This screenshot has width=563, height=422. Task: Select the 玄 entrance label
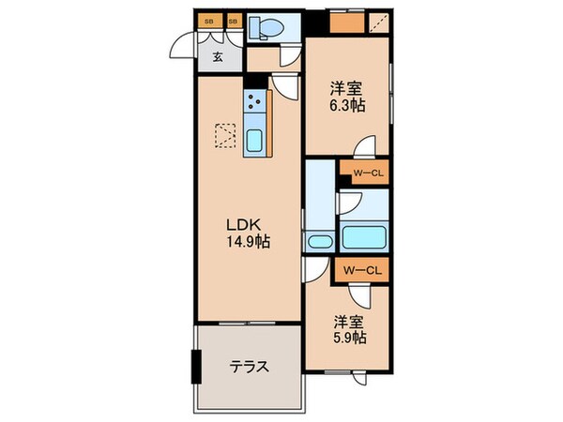click(218, 57)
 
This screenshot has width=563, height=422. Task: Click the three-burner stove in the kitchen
click(255, 103)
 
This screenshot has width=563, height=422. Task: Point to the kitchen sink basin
click(255, 142)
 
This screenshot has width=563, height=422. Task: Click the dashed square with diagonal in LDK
click(226, 138)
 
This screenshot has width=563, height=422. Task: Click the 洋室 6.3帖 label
click(346, 97)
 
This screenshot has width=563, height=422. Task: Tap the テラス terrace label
click(250, 367)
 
